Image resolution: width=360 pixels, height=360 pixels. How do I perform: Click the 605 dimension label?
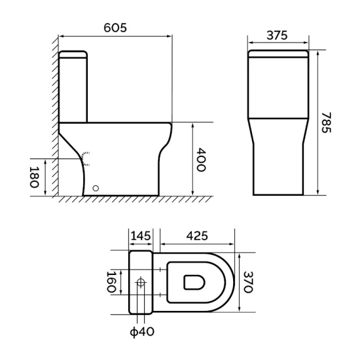[x=115, y=28]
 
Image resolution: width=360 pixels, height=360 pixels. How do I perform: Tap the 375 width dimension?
[x=277, y=35]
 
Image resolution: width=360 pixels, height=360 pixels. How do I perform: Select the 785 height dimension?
[x=326, y=122]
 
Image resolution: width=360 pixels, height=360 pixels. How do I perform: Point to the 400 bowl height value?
[x=202, y=160]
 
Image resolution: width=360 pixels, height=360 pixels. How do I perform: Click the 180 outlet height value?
[x=35, y=177]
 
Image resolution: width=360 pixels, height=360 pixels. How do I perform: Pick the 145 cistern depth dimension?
[x=141, y=236]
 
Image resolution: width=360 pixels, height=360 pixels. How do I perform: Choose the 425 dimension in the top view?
[x=197, y=236]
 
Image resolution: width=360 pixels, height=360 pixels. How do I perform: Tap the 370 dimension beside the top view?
[x=248, y=282]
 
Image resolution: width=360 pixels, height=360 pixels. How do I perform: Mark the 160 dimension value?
[x=111, y=282]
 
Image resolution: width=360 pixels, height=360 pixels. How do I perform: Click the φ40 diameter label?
[x=142, y=332]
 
